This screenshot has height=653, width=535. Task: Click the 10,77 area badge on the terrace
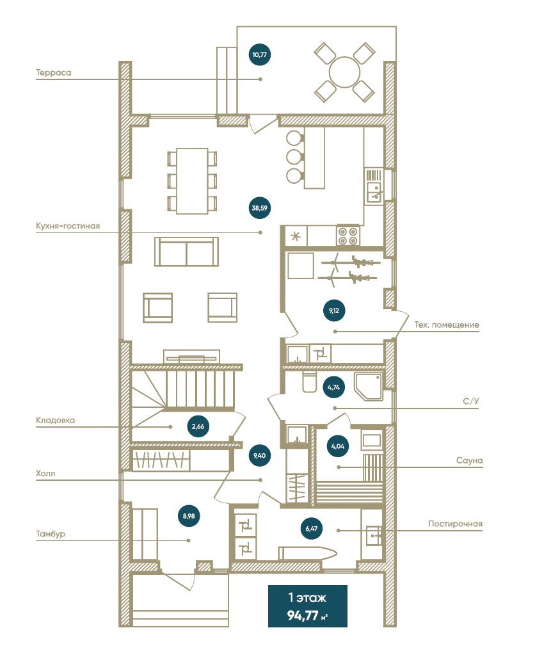(x=259, y=54)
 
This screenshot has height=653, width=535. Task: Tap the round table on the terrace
(x=344, y=72)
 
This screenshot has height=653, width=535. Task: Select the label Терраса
(x=53, y=72)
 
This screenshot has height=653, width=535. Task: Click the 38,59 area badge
(x=259, y=207)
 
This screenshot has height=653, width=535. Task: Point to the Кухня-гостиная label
(x=68, y=226)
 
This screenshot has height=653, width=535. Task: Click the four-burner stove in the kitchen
(x=348, y=236)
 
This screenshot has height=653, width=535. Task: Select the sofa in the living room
(x=186, y=252)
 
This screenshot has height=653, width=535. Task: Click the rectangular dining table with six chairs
(x=193, y=181)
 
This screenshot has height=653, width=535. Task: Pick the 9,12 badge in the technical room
(x=334, y=310)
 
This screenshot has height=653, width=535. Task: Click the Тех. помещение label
(x=447, y=325)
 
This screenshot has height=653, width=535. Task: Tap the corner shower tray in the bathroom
(x=369, y=387)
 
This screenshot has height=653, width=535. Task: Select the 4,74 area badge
(x=334, y=387)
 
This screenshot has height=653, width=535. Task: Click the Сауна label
(x=470, y=460)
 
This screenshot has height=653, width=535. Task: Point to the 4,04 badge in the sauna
(x=338, y=446)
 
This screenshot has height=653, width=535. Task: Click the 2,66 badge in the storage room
(x=198, y=426)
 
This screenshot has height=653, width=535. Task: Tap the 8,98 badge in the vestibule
(x=189, y=515)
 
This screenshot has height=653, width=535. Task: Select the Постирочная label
(x=456, y=524)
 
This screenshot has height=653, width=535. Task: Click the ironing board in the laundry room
(x=307, y=553)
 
